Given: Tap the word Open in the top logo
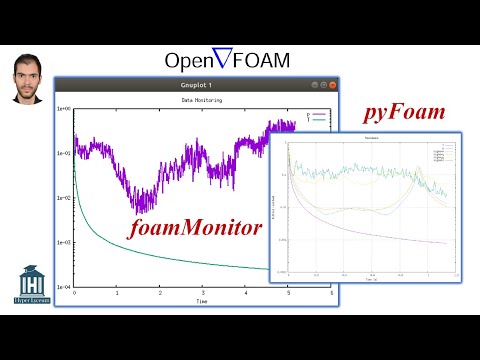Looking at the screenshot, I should click(188, 61).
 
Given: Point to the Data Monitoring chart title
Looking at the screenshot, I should click(201, 101).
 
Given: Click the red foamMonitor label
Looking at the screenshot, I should click(196, 229).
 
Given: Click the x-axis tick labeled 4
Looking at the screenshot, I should click(245, 293).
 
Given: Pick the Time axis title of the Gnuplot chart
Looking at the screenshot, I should click(201, 301).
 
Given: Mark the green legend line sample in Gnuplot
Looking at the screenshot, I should click(318, 121).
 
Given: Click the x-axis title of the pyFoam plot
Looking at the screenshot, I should click(369, 281).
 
